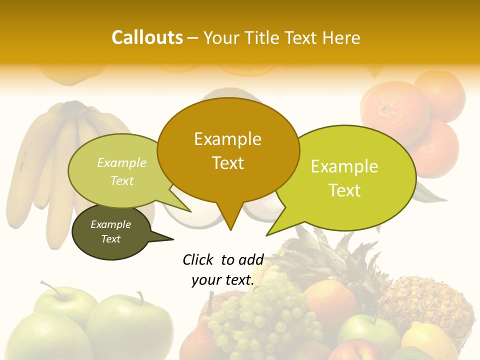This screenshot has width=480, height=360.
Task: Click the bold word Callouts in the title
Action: click(x=147, y=37)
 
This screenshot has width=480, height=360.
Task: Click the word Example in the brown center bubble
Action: click(x=227, y=139)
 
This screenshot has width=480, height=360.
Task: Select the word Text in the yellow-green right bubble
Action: click(x=344, y=190)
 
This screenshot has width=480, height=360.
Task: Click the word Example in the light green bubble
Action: click(x=122, y=162)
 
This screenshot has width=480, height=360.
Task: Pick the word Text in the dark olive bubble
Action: click(x=111, y=239)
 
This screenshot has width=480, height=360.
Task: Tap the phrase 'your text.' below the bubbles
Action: click(x=223, y=280)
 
